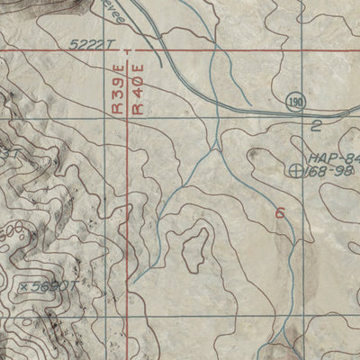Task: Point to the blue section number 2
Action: [x=316, y=125]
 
